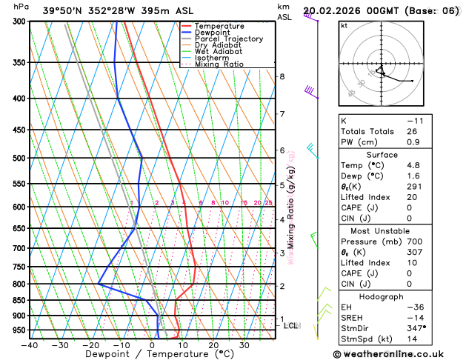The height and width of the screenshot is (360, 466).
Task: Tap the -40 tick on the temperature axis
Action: point(30,345)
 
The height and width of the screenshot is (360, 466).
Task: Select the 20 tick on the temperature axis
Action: point(213,345)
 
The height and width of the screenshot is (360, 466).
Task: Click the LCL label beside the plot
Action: point(291,325)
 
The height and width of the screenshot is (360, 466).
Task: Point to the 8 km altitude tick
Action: point(282,76)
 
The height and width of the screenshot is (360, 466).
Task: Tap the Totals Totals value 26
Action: point(410,131)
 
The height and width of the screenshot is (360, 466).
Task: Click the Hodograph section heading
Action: point(382,296)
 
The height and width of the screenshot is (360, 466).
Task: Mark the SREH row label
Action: point(353,317)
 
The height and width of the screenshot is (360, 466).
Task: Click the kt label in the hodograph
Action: point(344,26)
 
